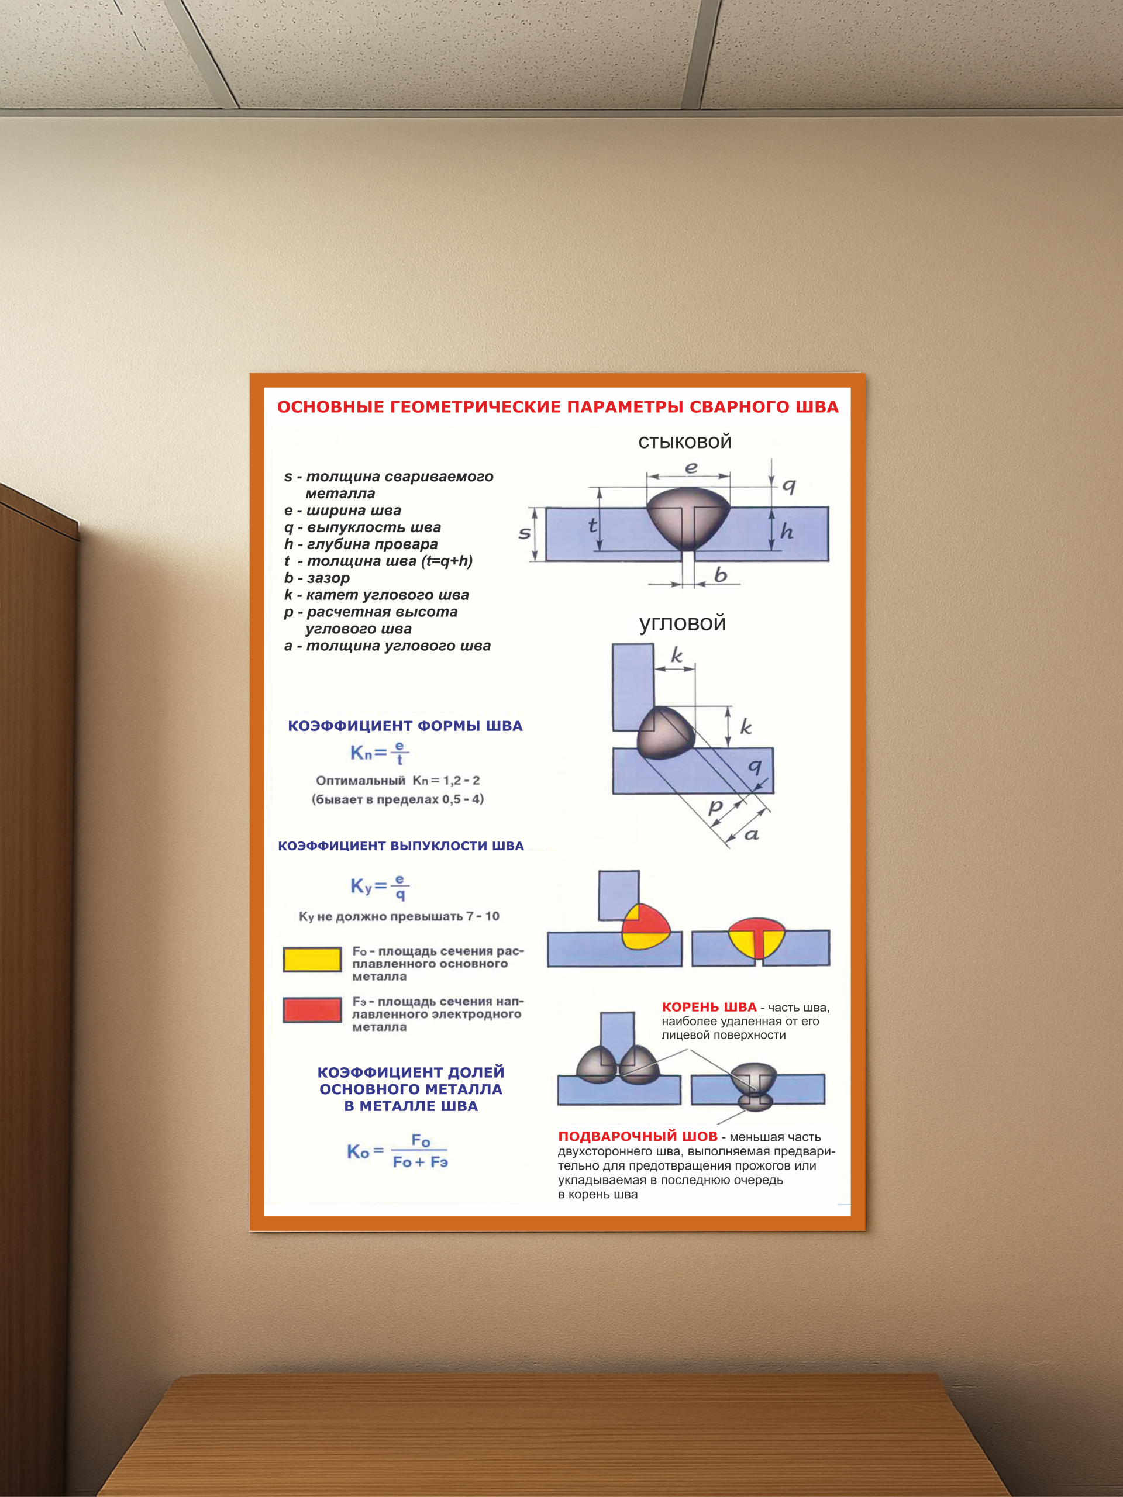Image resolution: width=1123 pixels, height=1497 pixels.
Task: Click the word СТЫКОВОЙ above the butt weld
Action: point(684,442)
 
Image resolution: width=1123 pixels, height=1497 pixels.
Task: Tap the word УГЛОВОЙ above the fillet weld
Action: point(683,623)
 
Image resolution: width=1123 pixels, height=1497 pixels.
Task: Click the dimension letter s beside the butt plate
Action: point(524,533)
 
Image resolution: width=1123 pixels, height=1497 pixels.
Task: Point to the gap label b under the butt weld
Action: point(720,575)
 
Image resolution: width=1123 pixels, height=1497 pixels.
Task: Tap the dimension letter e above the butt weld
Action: point(690,467)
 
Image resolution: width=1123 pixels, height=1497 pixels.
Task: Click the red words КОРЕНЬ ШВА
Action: point(709,1007)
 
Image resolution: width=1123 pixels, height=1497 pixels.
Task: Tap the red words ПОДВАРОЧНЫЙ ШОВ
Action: point(637,1136)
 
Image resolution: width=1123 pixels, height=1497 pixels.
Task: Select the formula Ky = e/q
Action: point(379,886)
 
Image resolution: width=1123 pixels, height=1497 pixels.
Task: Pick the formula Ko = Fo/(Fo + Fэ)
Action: point(397,1151)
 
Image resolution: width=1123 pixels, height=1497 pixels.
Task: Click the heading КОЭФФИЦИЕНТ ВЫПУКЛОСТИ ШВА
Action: point(401,846)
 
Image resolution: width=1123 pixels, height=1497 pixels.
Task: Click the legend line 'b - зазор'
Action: point(317,578)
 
